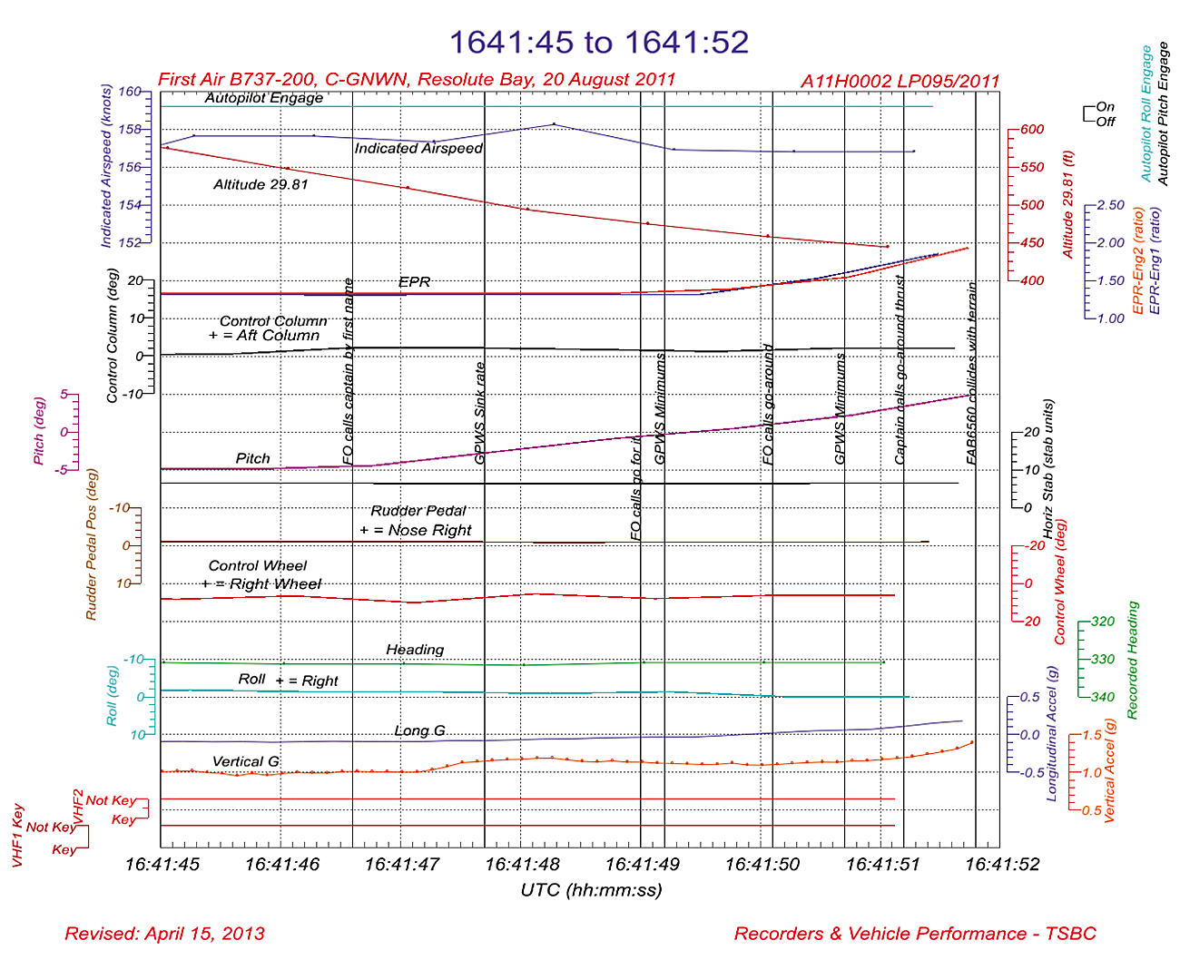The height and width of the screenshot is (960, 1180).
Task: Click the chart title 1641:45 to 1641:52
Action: tap(599, 42)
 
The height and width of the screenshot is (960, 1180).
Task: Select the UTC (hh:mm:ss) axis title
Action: tap(591, 889)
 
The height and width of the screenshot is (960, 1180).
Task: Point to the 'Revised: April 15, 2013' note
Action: tap(164, 934)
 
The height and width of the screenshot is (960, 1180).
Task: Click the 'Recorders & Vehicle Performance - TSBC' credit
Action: tap(915, 934)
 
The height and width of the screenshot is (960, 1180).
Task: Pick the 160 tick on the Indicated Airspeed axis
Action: tap(130, 92)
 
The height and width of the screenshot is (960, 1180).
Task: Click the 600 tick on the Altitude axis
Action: tap(1032, 130)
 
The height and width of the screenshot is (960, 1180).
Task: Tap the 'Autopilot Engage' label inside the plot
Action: tap(263, 98)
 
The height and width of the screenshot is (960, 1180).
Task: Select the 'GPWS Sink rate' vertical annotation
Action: tap(480, 414)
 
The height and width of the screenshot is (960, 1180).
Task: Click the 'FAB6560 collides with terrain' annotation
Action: tap(971, 374)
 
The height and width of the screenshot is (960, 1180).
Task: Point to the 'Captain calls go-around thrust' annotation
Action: tap(900, 370)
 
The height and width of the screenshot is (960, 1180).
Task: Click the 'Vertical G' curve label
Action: tap(246, 761)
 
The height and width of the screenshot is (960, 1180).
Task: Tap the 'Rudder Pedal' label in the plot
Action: tap(418, 511)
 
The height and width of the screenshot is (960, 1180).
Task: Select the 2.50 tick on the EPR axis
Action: tap(1110, 205)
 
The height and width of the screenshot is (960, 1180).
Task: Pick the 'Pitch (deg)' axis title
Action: tap(38, 431)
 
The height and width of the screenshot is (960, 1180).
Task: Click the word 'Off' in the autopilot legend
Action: tap(1106, 121)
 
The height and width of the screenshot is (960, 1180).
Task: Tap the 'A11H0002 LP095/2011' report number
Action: tap(900, 81)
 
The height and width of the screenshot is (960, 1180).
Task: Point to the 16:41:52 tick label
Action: tap(1002, 864)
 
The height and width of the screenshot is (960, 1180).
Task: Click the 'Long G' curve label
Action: tap(419, 730)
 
